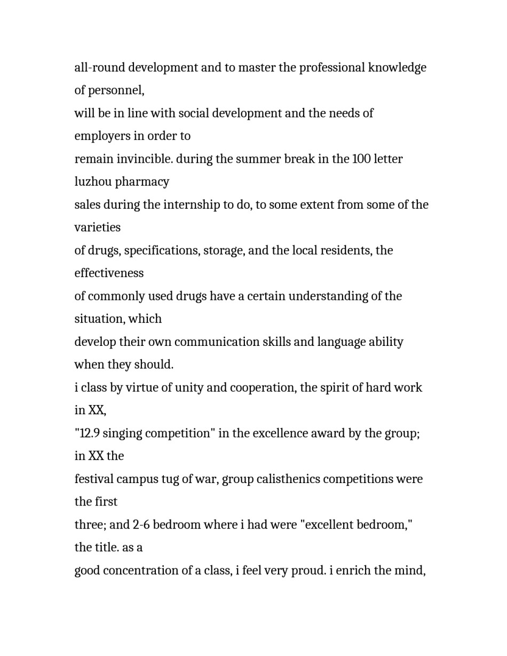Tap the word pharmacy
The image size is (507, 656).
coord(142,182)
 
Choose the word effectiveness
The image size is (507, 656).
coord(109,273)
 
